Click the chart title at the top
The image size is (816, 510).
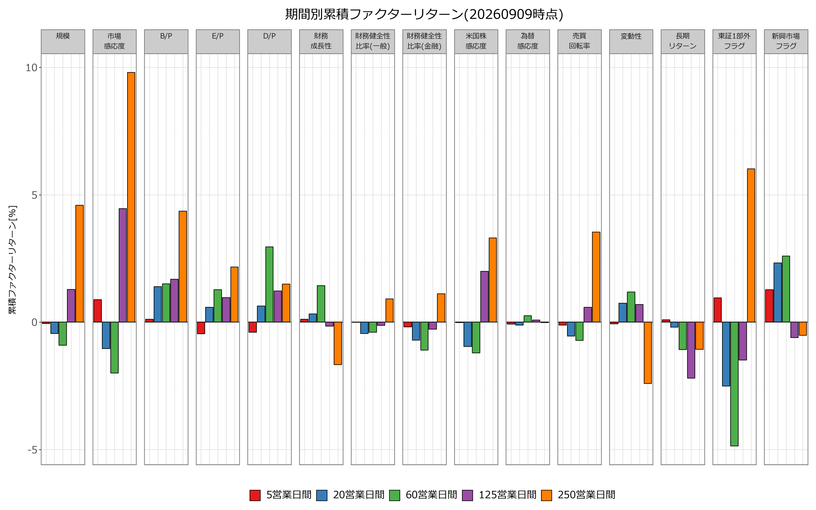click(424, 14)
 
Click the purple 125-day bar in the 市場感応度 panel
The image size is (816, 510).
click(123, 265)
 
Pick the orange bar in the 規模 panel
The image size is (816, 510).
click(80, 264)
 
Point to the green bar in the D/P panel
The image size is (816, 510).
click(270, 285)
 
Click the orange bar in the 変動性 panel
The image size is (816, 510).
click(648, 353)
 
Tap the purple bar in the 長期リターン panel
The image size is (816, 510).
click(691, 350)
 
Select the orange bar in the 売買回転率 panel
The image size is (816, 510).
click(596, 277)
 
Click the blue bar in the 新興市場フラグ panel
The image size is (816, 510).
click(777, 292)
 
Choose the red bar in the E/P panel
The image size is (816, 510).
click(201, 328)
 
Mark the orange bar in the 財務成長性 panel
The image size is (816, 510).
click(338, 343)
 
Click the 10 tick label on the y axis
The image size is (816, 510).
click(31, 68)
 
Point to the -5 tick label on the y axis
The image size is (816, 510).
click(32, 450)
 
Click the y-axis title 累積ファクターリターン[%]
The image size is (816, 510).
click(12, 260)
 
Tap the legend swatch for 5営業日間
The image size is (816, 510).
click(255, 495)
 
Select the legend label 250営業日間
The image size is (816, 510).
click(586, 495)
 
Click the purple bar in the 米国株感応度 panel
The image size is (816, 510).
click(484, 297)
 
